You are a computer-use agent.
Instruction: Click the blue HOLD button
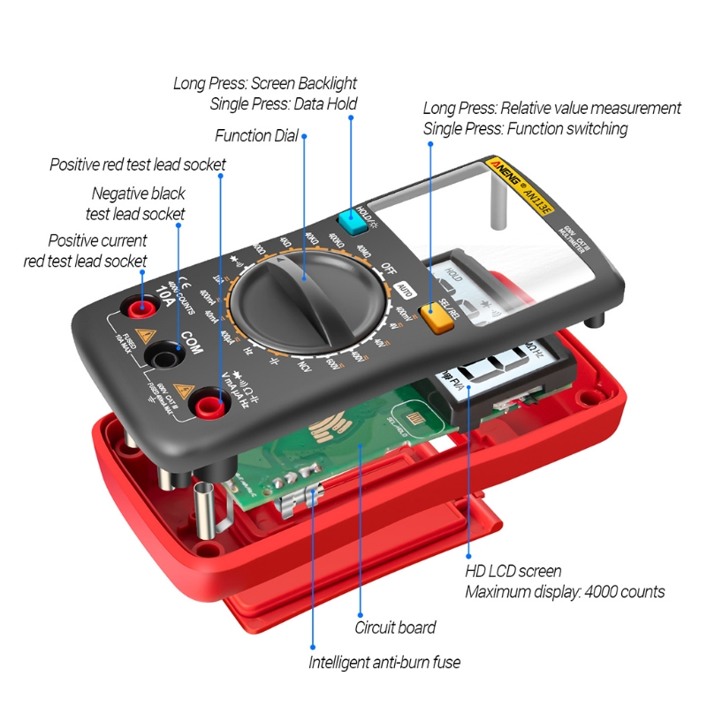pyautogui.click(x=352, y=224)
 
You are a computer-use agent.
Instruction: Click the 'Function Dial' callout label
pyautogui.click(x=256, y=136)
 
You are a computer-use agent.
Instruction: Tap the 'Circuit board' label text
pyautogui.click(x=395, y=627)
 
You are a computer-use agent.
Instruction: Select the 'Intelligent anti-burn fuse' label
pyautogui.click(x=384, y=662)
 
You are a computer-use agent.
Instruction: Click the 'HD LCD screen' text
pyautogui.click(x=513, y=571)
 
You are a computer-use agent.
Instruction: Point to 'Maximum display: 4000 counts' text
pyautogui.click(x=565, y=592)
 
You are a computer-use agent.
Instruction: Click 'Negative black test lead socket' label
pyautogui.click(x=138, y=203)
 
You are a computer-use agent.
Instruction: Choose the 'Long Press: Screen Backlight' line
pyautogui.click(x=265, y=83)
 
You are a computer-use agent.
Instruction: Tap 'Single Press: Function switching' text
pyautogui.click(x=525, y=129)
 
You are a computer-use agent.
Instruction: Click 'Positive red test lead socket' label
pyautogui.click(x=138, y=164)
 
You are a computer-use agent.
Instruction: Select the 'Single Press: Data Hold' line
pyautogui.click(x=284, y=104)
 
